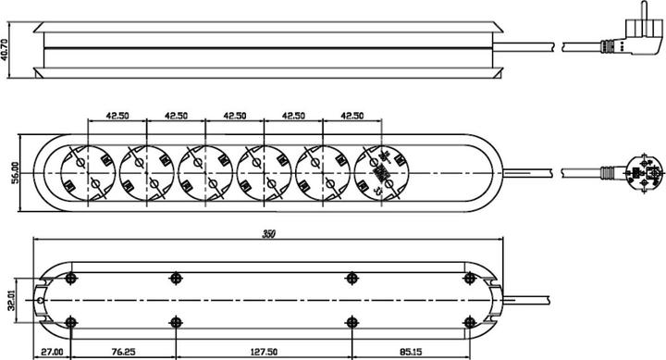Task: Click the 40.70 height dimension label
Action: pos(5,50)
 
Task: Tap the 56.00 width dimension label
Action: pos(16,172)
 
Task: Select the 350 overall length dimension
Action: pos(268,234)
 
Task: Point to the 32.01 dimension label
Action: pos(11,300)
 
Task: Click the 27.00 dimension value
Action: pos(52,352)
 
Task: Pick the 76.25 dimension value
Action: pos(124,352)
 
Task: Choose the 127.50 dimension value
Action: pos(265,352)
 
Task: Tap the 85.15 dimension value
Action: pos(411,352)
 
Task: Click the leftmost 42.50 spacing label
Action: pos(117,116)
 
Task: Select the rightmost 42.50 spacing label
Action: pos(352,116)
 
